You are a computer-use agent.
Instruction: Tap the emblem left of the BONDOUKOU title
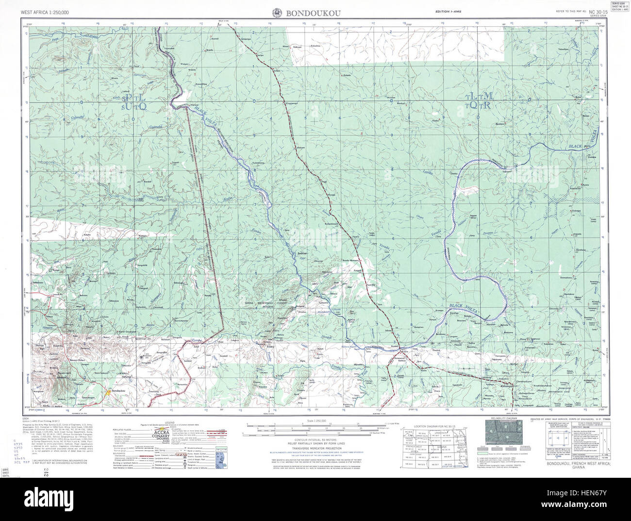coord(277,13)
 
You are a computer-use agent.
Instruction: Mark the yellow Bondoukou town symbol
coord(107,392)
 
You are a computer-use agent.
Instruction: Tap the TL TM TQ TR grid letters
coord(479,100)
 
